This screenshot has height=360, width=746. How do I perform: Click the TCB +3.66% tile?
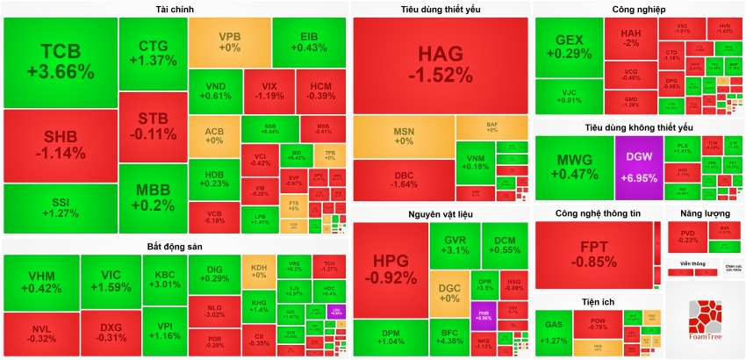60,60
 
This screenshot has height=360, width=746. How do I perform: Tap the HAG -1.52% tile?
440,63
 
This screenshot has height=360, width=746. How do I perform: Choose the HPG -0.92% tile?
390,270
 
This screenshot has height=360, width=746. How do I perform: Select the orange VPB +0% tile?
229,42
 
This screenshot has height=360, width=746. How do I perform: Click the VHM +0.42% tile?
40,281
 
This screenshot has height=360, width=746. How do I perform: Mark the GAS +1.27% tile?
555,335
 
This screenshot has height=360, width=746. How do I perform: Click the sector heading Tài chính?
176,10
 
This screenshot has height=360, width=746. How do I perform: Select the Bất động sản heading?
176,247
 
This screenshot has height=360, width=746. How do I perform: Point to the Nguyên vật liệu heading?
440,214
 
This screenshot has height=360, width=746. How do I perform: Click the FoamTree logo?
705,320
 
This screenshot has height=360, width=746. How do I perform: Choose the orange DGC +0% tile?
448,293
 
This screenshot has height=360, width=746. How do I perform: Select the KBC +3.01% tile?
164,278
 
